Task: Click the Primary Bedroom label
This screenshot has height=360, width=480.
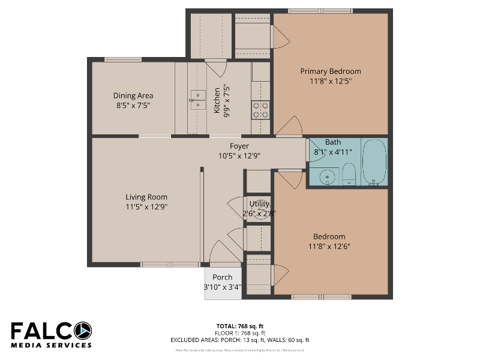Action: click(331, 71)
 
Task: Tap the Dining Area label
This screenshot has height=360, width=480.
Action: click(133, 95)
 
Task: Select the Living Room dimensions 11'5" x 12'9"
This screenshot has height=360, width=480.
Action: click(146, 207)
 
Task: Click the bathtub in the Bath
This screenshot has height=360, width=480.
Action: click(374, 162)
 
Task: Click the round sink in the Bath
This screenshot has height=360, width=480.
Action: click(327, 176)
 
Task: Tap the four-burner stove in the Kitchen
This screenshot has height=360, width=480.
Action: click(260, 109)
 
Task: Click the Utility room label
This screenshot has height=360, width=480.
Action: click(259, 204)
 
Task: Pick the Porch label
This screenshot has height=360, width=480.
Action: click(222, 277)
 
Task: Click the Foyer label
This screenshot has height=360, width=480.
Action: click(239, 146)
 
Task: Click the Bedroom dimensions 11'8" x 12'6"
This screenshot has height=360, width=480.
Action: click(329, 246)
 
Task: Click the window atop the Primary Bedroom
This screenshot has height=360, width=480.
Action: click(320, 11)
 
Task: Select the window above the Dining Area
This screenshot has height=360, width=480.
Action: click(123, 59)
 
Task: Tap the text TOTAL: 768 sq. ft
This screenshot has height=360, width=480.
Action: click(239, 326)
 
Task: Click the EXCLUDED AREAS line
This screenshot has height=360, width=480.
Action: click(239, 340)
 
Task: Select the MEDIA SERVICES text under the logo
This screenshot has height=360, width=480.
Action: click(51, 345)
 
